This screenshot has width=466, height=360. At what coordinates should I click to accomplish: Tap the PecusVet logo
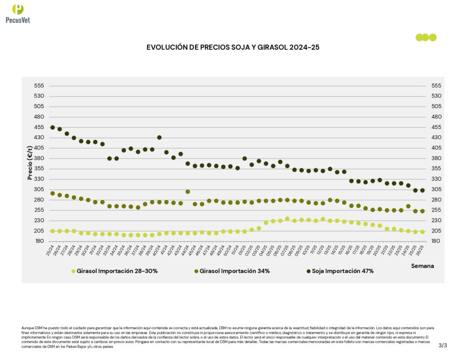coord(18,13)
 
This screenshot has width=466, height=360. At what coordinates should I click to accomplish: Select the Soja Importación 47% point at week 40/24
coord(159,137)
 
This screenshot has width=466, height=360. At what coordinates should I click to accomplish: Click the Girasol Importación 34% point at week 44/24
coord(187,192)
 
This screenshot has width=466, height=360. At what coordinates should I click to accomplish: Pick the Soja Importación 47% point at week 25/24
coord(52,127)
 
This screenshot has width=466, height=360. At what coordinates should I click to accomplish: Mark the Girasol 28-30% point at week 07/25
coord(287,219)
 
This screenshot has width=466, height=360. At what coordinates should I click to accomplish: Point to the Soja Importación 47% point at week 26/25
coord(422,190)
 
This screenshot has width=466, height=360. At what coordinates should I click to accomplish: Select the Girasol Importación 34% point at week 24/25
coord(408,206)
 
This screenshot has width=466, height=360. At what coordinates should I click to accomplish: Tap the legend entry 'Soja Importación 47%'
coord(339,271)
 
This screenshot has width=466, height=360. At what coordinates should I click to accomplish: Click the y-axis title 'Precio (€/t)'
coord(30,163)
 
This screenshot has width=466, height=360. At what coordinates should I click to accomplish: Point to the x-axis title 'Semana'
coord(422,266)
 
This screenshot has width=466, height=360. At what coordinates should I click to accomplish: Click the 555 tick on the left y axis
coord(39,86)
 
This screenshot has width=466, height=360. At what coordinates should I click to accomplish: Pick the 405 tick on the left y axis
coord(39,148)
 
